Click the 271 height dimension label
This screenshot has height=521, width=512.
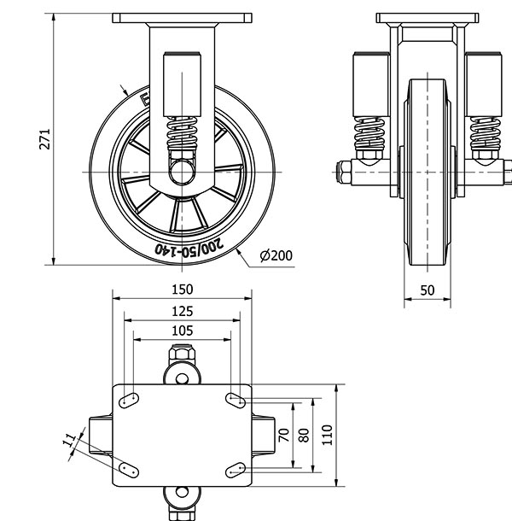(x=45, y=140)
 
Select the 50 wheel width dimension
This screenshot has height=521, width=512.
(x=428, y=290)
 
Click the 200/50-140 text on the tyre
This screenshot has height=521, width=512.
(x=193, y=247)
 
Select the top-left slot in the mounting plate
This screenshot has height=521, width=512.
(x=130, y=399)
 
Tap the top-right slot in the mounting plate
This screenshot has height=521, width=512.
(x=236, y=399)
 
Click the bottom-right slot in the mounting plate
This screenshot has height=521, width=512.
(x=236, y=469)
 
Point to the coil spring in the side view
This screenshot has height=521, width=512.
(x=181, y=133)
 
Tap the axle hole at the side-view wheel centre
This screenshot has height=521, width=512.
(x=181, y=172)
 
